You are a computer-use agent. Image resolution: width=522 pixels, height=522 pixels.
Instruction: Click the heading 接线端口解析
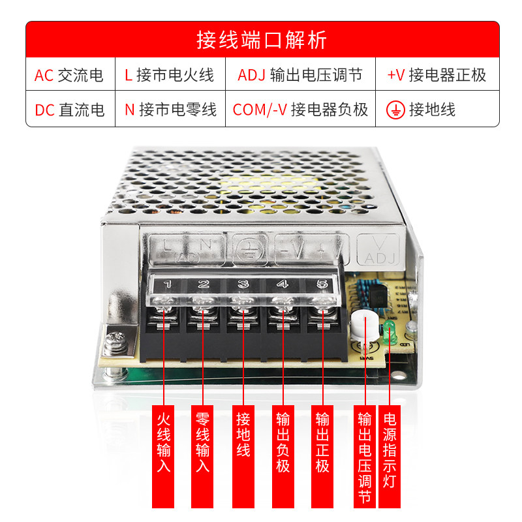(262, 40)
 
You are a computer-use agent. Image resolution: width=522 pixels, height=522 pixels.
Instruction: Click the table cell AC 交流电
(69, 76)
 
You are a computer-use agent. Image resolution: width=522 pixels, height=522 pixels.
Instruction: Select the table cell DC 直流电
(69, 110)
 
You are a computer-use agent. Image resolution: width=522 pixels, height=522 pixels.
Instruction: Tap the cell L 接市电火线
(169, 76)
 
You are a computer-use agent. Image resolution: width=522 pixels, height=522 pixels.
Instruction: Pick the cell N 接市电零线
(169, 110)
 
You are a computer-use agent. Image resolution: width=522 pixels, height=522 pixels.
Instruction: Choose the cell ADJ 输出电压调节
(299, 76)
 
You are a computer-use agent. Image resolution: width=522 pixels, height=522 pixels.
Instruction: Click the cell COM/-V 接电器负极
(299, 110)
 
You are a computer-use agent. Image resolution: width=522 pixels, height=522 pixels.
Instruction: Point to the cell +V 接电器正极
(437, 76)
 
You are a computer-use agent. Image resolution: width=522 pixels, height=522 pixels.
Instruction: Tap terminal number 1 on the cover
(167, 284)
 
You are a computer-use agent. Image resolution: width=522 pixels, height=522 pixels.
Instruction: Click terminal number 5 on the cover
(321, 284)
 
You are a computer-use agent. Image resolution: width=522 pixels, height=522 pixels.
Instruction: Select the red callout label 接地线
(243, 434)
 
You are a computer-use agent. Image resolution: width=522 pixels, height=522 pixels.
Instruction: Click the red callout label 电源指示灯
(390, 450)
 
